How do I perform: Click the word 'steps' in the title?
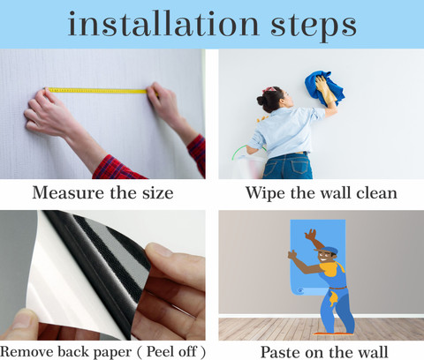tap(306, 26)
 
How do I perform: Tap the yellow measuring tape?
tap(97, 90)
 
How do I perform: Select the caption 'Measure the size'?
tap(102, 192)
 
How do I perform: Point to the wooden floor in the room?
tap(256, 328)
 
